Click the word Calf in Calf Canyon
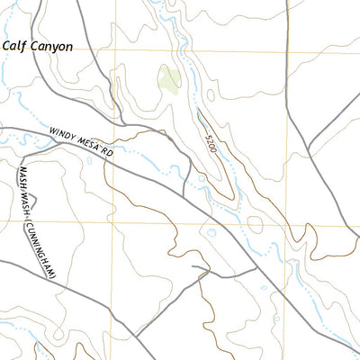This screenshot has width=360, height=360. tap(15, 44)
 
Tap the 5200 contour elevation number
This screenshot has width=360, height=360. tap(211, 142)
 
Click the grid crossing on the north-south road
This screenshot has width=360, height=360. tap(287, 51)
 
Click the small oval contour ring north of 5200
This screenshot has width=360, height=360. tap(210, 93)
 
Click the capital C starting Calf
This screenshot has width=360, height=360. tap(6, 44)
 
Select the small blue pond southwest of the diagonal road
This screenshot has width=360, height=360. tap(211, 232)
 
